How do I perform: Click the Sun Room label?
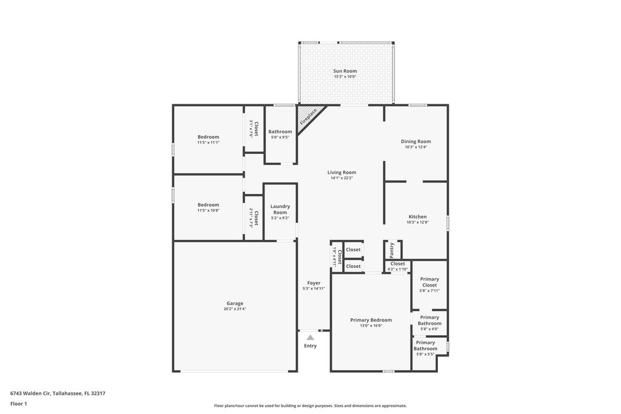344,71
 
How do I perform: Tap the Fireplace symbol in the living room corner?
309,116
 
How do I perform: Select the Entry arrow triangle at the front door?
310,338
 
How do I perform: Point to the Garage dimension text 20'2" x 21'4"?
235,309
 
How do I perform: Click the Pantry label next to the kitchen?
392,249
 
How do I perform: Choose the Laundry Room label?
280,209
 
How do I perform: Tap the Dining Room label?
415,141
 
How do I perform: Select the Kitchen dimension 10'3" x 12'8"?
417,222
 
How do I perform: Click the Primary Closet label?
429,282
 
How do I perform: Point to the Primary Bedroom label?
371,319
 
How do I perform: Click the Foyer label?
314,282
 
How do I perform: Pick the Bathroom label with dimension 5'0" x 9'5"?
280,132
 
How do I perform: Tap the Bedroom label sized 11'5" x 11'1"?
208,136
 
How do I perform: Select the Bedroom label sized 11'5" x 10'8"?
208,204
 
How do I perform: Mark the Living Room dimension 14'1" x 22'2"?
341,178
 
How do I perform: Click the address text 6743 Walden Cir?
58,393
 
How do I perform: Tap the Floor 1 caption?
19,403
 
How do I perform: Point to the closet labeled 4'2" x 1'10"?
398,269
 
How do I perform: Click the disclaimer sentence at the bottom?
310,406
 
